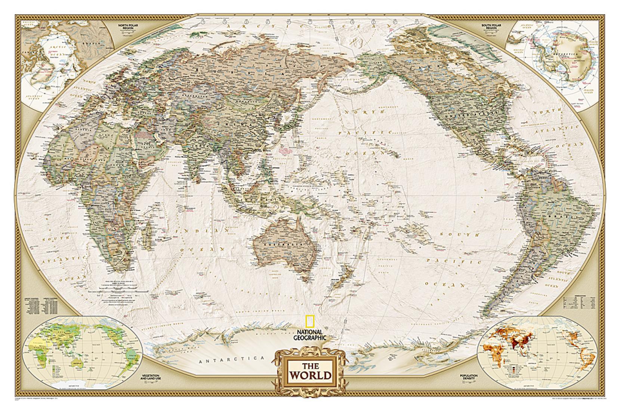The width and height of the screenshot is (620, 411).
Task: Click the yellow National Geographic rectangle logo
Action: pyautogui.click(x=310, y=322)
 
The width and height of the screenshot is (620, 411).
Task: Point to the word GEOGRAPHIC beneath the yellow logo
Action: pyautogui.click(x=310, y=337)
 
